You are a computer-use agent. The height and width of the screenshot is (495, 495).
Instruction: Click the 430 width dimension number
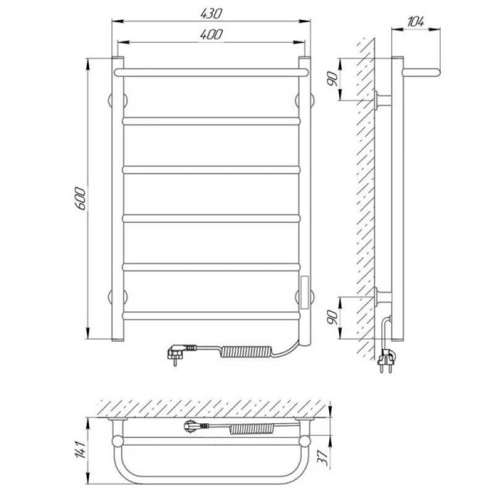pyautogui.click(x=211, y=13)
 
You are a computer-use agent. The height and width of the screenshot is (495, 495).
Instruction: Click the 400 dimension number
pyautogui.click(x=211, y=34)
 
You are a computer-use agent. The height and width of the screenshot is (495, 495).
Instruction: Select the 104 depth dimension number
pyautogui.click(x=415, y=22)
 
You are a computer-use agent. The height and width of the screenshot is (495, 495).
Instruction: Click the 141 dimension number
pyautogui.click(x=80, y=450)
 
